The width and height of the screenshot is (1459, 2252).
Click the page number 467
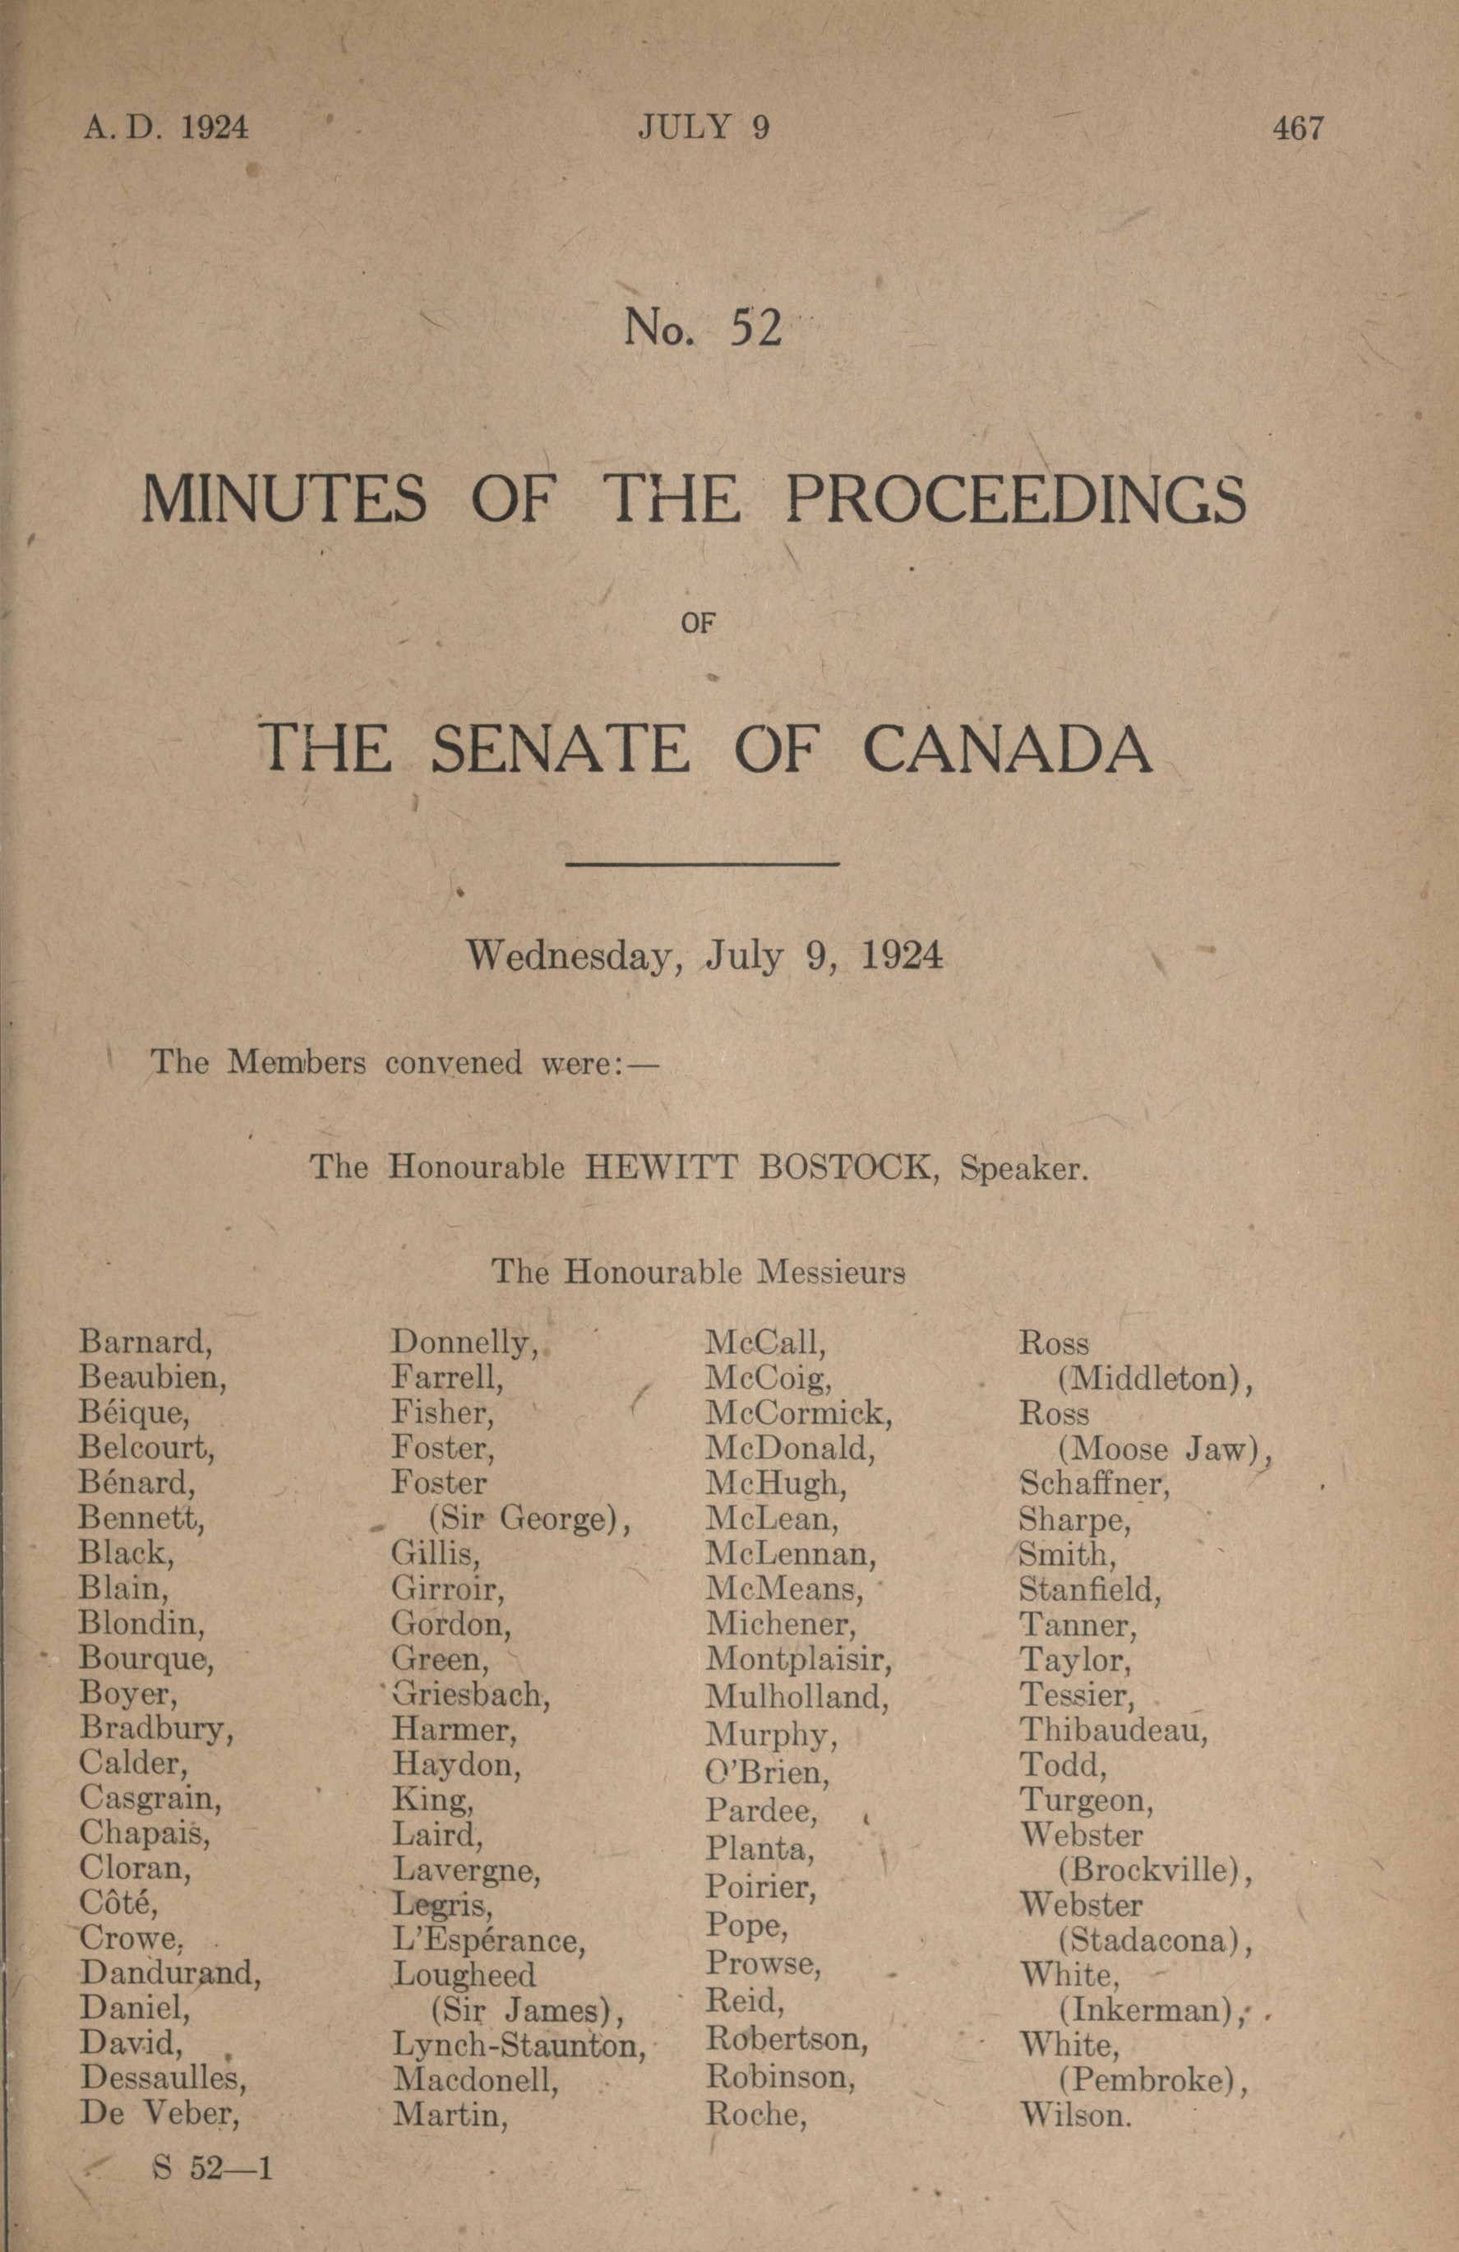tap(1298, 127)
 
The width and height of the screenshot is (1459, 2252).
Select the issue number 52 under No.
tap(755, 327)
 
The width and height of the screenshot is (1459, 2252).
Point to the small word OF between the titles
tap(696, 623)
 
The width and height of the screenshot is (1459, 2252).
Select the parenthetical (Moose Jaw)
tap(1163, 1450)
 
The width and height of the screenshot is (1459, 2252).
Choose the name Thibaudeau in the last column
tap(1113, 1730)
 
